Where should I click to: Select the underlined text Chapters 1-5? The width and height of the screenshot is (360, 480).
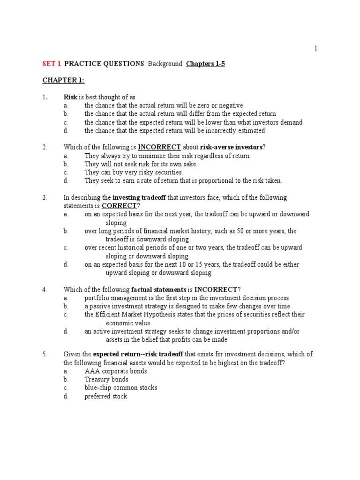pos(205,64)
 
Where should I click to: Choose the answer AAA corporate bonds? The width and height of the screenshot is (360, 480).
pos(116,371)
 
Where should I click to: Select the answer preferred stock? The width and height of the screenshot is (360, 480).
pos(106,396)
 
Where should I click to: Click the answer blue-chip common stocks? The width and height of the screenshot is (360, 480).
pos(121,388)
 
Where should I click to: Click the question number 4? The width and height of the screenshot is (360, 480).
pos(45,289)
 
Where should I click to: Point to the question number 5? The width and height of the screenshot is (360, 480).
pos(45,354)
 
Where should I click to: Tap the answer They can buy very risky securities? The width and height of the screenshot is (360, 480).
pos(134,172)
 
